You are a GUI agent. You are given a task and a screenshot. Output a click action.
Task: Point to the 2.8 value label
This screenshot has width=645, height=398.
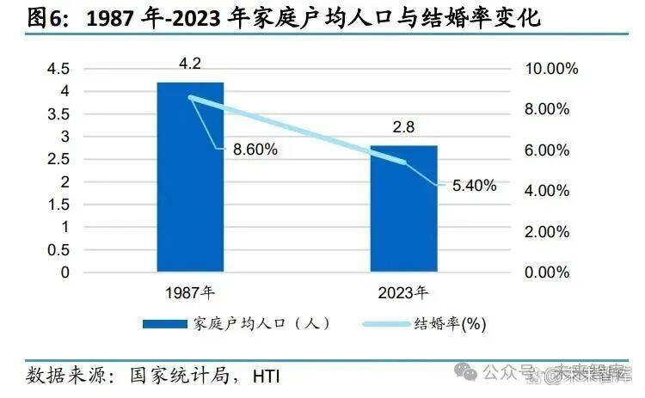click(403, 127)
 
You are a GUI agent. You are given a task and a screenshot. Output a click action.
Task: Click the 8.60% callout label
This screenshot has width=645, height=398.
click(254, 150)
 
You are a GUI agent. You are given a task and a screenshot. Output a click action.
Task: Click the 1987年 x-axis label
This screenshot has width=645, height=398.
click(190, 292)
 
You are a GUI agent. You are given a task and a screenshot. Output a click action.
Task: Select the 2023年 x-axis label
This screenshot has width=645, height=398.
click(403, 292)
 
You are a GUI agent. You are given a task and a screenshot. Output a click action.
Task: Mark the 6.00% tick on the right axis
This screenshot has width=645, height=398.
click(545, 150)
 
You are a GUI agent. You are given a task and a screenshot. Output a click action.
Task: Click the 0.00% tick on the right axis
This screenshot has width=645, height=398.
click(545, 272)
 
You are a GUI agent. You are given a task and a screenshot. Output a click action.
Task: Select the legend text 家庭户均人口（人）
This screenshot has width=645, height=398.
click(262, 324)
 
